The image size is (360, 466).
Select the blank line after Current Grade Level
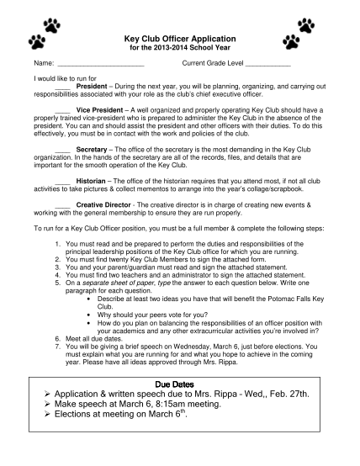pyautogui.click(x=268, y=65)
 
